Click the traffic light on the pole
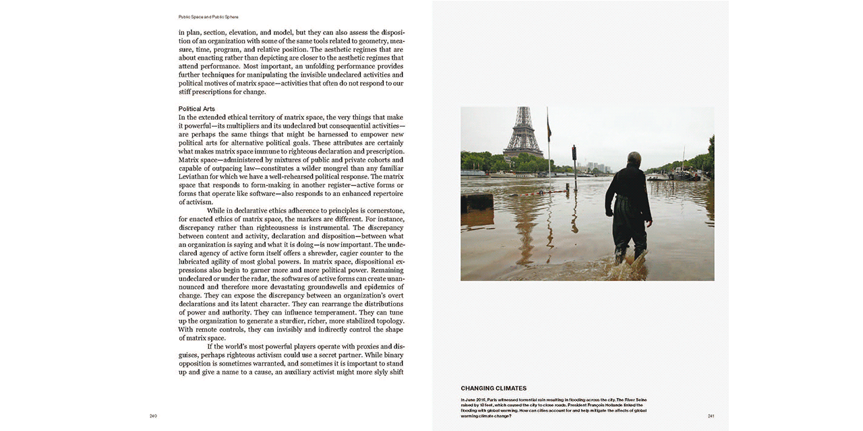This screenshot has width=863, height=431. point(574,153)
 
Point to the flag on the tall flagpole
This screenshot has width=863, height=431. point(549,128)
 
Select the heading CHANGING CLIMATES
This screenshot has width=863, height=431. point(494,389)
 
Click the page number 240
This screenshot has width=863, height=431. point(153,416)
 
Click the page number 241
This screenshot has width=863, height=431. point(711,416)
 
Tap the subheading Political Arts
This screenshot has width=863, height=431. point(197,108)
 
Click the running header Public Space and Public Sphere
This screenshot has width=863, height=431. point(208,17)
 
